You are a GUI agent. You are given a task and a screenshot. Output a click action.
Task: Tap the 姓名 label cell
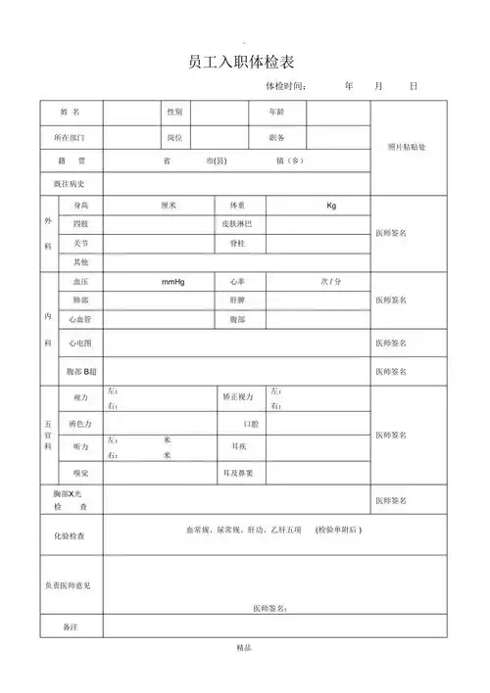71,113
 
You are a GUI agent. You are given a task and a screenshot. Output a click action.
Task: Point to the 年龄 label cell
275,113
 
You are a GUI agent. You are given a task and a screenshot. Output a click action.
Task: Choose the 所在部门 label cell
71,137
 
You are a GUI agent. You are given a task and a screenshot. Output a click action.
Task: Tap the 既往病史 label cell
71,184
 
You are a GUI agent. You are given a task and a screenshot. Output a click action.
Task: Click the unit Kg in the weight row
331,207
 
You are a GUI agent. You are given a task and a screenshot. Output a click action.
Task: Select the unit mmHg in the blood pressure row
173,282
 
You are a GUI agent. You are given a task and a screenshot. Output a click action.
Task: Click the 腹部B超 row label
83,372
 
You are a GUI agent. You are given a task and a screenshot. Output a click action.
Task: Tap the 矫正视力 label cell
238,397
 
